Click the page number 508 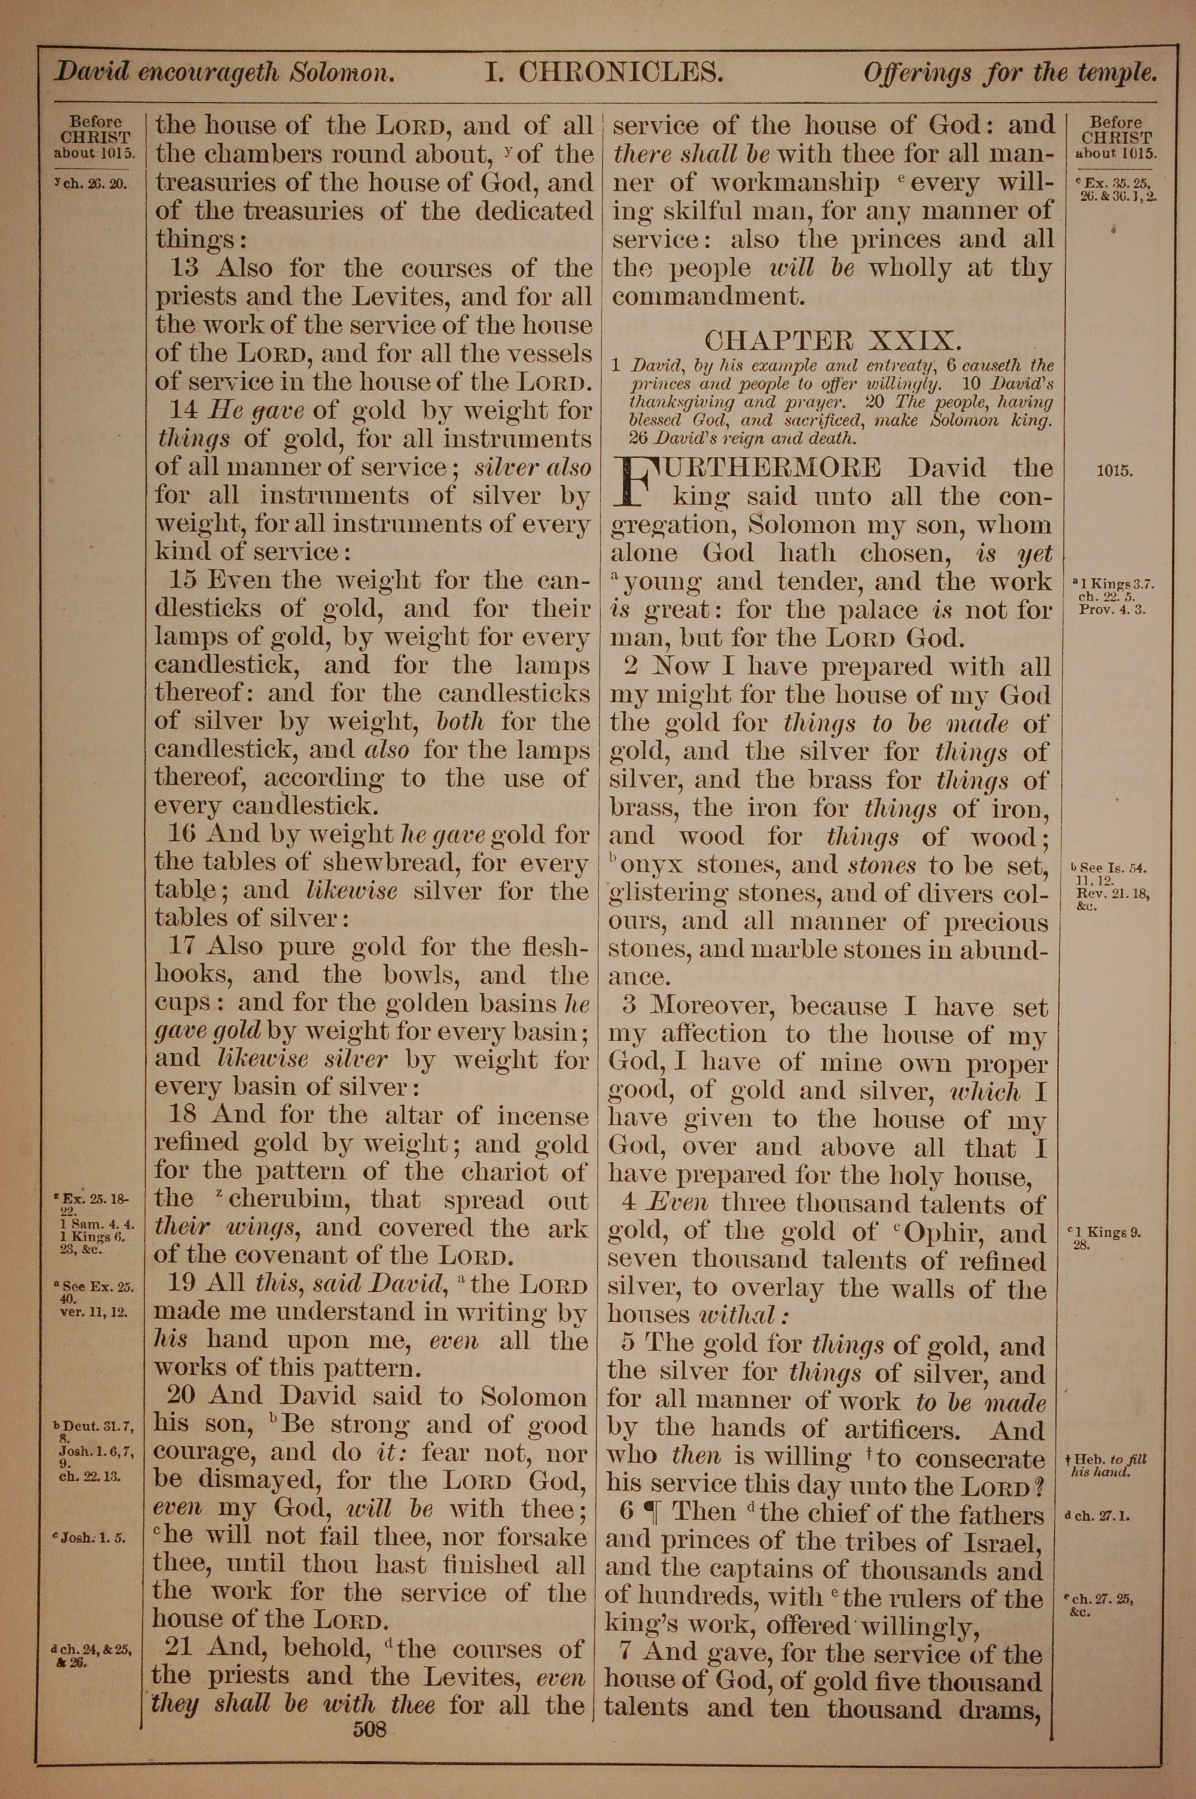(370, 1707)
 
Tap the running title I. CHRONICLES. (604, 73)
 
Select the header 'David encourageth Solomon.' (224, 73)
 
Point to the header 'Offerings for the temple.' (1010, 73)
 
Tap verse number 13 (185, 268)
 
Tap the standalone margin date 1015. (1115, 471)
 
